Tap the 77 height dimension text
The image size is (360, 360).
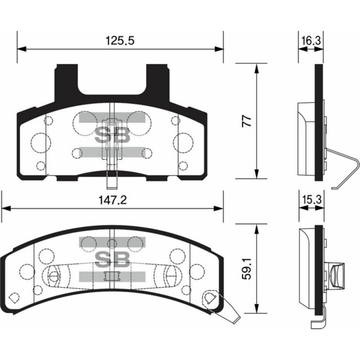pyautogui.click(x=247, y=121)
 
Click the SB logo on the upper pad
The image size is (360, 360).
pyautogui.click(x=112, y=135)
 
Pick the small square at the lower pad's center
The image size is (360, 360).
pyautogui.click(x=109, y=276)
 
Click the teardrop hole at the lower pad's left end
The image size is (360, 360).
pyautogui.click(x=14, y=297)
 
